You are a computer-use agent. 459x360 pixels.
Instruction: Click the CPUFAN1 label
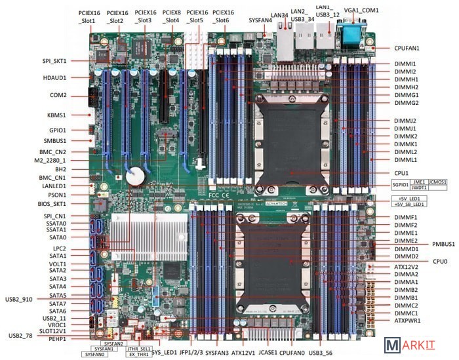pyautogui.click(x=407, y=48)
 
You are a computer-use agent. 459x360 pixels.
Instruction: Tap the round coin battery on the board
pyautogui.click(x=135, y=174)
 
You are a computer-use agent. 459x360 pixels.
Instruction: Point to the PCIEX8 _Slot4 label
pyautogui.click(x=172, y=16)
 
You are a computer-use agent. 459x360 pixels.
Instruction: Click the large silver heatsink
pyautogui.click(x=134, y=233)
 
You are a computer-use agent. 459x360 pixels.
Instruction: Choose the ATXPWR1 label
pyautogui.click(x=407, y=321)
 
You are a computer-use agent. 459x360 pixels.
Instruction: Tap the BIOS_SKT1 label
pyautogui.click(x=52, y=204)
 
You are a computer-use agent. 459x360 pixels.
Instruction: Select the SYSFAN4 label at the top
pyautogui.click(x=260, y=20)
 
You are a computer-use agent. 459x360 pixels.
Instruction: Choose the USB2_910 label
pyautogui.click(x=18, y=298)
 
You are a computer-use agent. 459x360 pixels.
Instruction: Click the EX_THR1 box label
pyautogui.click(x=140, y=355)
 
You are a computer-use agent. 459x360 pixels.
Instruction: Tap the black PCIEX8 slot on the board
pyautogui.click(x=159, y=98)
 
